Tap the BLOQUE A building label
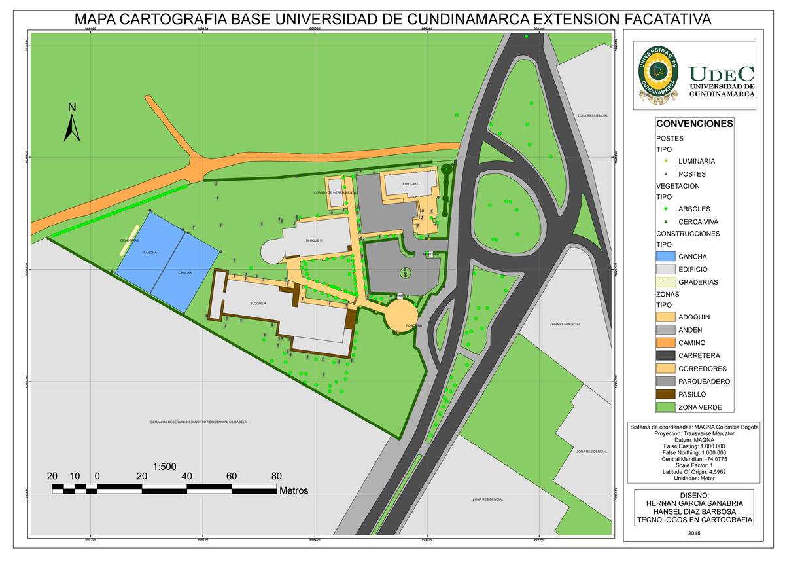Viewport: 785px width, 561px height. click(258, 304)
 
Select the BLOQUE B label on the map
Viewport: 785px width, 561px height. click(314, 240)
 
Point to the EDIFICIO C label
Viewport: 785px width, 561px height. click(411, 185)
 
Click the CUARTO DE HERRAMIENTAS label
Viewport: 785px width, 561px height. click(336, 193)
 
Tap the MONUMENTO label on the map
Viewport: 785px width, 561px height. click(400, 297)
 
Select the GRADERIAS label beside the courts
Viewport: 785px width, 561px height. click(130, 240)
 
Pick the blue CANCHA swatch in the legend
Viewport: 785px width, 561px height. click(665, 257)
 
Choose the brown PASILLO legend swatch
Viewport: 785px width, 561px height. click(665, 395)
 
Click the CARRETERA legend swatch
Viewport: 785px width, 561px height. click(665, 355)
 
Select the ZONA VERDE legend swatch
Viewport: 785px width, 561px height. click(665, 407)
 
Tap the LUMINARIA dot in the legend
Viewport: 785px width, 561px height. click(665, 161)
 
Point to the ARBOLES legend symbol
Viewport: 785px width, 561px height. click(665, 209)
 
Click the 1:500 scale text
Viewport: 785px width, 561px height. click(165, 467)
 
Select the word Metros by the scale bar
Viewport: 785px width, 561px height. click(293, 490)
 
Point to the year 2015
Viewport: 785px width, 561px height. click(694, 533)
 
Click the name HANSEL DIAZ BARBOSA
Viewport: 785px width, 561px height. click(694, 511)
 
